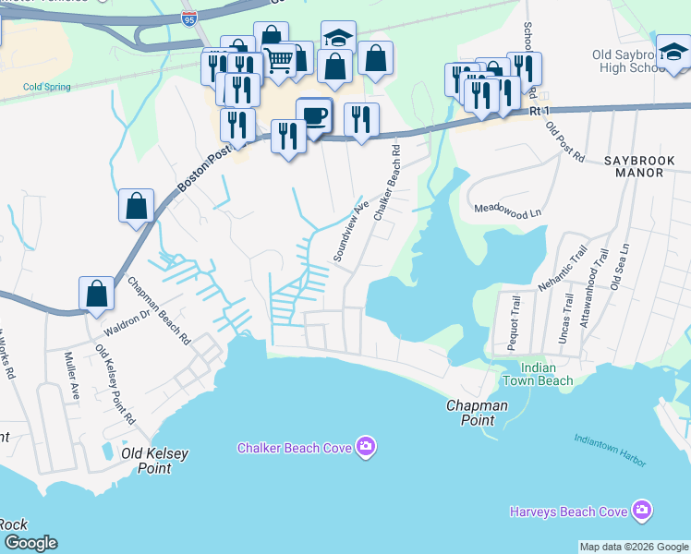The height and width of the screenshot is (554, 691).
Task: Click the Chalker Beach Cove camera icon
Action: pyautogui.click(x=367, y=448)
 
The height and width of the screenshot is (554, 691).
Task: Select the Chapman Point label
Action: pyautogui.click(x=477, y=412)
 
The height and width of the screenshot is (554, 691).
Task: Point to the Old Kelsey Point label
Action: pyautogui.click(x=147, y=460)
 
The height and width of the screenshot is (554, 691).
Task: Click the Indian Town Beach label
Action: pyautogui.click(x=538, y=374)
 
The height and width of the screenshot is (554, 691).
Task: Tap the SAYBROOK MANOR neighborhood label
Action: pyautogui.click(x=647, y=166)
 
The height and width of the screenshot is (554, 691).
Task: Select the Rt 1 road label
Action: pyautogui.click(x=539, y=110)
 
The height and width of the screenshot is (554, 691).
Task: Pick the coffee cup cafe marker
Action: pyautogui.click(x=315, y=116)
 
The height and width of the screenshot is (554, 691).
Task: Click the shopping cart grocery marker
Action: pyautogui.click(x=278, y=61)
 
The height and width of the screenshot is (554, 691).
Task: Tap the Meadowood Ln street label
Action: pyautogui.click(x=507, y=211)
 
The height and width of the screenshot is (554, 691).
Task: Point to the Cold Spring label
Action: pyautogui.click(x=47, y=88)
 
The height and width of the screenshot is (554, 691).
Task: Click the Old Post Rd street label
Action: pyautogui.click(x=565, y=141)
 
